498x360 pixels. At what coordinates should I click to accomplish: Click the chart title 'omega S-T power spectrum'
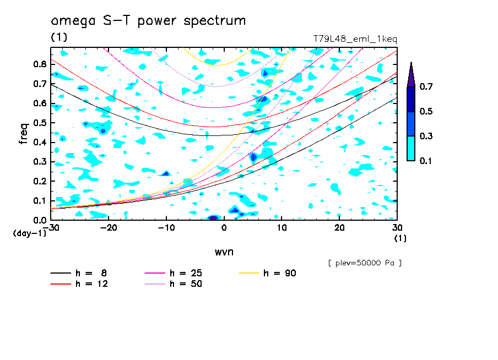pyautogui.click(x=148, y=21)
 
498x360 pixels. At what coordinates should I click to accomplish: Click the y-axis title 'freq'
pyautogui.click(x=23, y=133)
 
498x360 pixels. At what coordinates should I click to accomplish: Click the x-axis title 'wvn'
pyautogui.click(x=224, y=252)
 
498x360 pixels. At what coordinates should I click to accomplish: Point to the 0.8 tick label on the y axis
pyautogui.click(x=39, y=64)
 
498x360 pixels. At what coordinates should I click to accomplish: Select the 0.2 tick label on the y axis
pyautogui.click(x=39, y=181)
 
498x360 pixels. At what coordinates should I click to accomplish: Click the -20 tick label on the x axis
pyautogui.click(x=109, y=227)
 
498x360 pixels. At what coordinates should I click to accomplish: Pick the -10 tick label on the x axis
pyautogui.click(x=166, y=227)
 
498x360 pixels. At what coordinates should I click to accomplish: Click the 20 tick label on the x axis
pyautogui.click(x=339, y=227)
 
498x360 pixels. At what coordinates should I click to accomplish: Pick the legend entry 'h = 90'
pyautogui.click(x=280, y=273)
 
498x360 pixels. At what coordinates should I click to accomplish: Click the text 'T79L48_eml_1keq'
pyautogui.click(x=355, y=39)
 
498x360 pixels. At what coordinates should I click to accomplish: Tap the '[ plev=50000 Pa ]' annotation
pyautogui.click(x=365, y=263)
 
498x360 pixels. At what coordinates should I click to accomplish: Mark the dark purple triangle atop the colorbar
pyautogui.click(x=411, y=74)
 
